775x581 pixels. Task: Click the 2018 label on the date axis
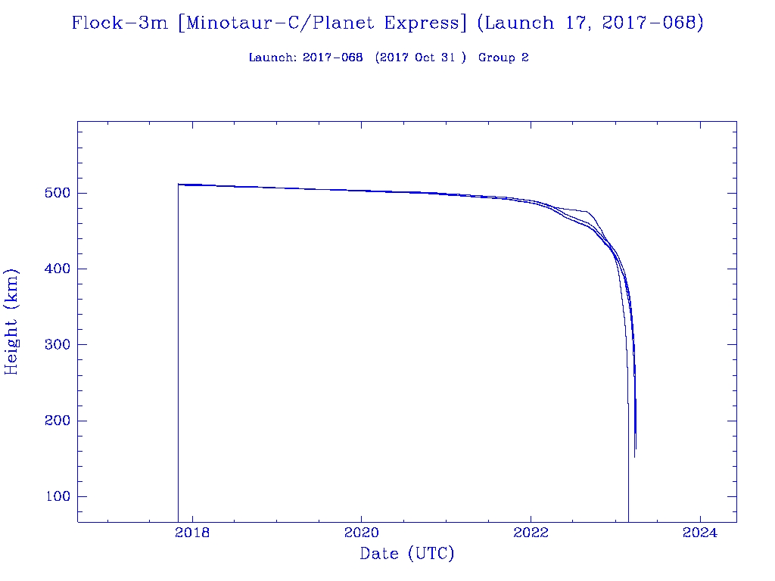pos(192,533)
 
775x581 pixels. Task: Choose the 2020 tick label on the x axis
pos(362,533)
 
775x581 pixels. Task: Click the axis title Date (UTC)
pos(407,555)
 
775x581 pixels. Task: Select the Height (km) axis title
pos(11,321)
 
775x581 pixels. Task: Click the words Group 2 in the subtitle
pos(503,57)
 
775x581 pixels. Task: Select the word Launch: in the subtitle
pos(272,57)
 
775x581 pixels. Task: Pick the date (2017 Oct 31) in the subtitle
pos(421,57)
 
